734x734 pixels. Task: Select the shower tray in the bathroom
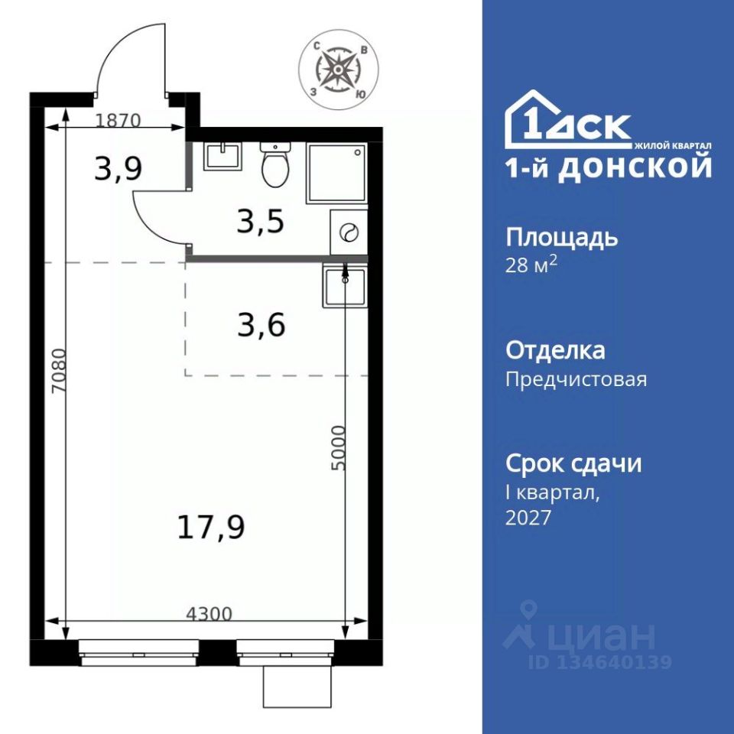tap(337, 173)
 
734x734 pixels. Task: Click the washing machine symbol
tap(349, 232)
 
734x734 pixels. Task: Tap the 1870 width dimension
tap(118, 121)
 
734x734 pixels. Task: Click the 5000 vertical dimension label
tap(337, 448)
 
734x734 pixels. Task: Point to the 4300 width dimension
tap(209, 613)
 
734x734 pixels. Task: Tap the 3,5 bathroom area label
tap(261, 222)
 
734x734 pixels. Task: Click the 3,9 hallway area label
tap(118, 169)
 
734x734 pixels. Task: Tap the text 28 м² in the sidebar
tap(531, 265)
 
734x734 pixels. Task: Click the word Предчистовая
tap(576, 378)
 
